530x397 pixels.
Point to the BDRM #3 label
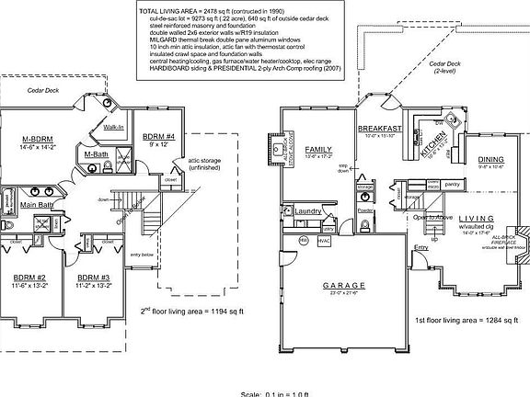tap(95, 277)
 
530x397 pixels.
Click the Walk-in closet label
tap(115, 127)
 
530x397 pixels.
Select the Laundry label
tap(308, 210)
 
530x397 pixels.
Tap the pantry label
tap(452, 185)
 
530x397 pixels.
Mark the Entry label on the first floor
tap(421, 247)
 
